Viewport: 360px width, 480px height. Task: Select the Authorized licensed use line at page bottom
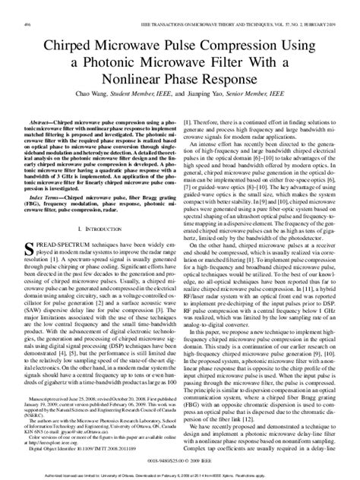tap(180, 475)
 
